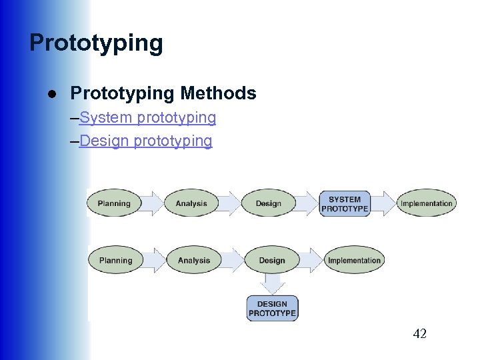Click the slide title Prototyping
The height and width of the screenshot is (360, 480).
96,43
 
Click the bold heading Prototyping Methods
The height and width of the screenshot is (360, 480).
163,94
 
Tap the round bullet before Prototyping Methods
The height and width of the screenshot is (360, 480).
51,93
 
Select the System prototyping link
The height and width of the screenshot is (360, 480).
147,118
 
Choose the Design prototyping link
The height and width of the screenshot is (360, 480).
145,141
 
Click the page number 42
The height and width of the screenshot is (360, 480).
419,334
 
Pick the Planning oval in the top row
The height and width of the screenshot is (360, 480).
114,203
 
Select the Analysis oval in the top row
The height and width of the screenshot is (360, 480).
191,203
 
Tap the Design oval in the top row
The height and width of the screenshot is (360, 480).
268,203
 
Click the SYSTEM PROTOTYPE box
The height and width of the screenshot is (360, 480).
345,203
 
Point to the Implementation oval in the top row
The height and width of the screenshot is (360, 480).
427,203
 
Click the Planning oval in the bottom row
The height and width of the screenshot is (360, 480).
115,261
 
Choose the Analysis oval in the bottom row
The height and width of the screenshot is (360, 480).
193,261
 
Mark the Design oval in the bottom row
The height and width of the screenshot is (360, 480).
271,261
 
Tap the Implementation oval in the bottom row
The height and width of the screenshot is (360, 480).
355,261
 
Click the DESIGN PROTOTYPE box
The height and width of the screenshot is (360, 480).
272,309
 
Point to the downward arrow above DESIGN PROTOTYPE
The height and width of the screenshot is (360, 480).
272,283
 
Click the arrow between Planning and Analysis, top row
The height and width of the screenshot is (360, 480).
153,203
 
